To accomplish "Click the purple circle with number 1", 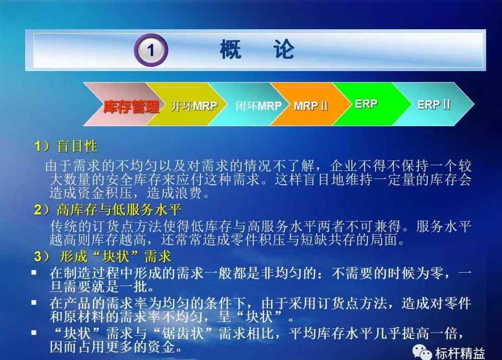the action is pyautogui.click(x=151, y=50).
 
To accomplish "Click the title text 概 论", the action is pyautogui.click(x=257, y=49).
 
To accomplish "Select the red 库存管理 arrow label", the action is pyautogui.click(x=131, y=106).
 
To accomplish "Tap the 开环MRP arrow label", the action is pyautogui.click(x=194, y=105).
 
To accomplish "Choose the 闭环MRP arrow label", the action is pyautogui.click(x=258, y=105).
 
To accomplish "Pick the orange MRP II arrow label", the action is pyautogui.click(x=310, y=105).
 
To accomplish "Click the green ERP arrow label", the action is pyautogui.click(x=366, y=104).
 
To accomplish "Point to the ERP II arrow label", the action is pyautogui.click(x=434, y=105).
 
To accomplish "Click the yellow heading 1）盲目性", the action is pyautogui.click(x=66, y=146).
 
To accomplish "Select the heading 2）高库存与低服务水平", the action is pyautogui.click(x=107, y=210).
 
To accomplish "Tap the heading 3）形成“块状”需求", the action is pyautogui.click(x=102, y=256).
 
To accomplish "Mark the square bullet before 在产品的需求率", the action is pyautogui.click(x=34, y=302).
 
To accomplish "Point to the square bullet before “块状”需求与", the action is pyautogui.click(x=34, y=333).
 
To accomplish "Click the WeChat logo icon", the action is pyautogui.click(x=422, y=352).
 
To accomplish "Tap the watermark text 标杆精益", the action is pyautogui.click(x=460, y=353).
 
